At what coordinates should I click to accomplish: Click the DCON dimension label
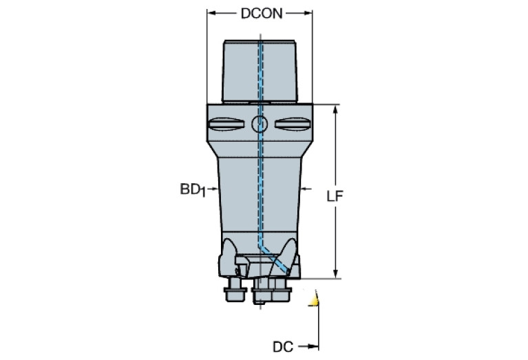pyautogui.click(x=261, y=14)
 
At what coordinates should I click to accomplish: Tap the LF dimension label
pyautogui.click(x=335, y=196)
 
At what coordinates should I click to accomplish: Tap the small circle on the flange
pyautogui.click(x=260, y=125)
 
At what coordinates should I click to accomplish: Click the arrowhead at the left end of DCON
pyautogui.click(x=211, y=14)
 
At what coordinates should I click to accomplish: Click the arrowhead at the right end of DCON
pyautogui.click(x=310, y=14)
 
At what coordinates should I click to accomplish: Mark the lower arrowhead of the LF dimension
pyautogui.click(x=335, y=275)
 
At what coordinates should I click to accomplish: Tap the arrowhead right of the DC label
pyautogui.click(x=315, y=348)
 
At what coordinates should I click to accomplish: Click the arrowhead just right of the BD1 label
pyautogui.click(x=214, y=188)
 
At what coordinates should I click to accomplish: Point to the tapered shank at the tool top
pyautogui.click(x=260, y=69)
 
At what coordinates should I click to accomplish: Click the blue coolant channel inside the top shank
pyautogui.click(x=261, y=69)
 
